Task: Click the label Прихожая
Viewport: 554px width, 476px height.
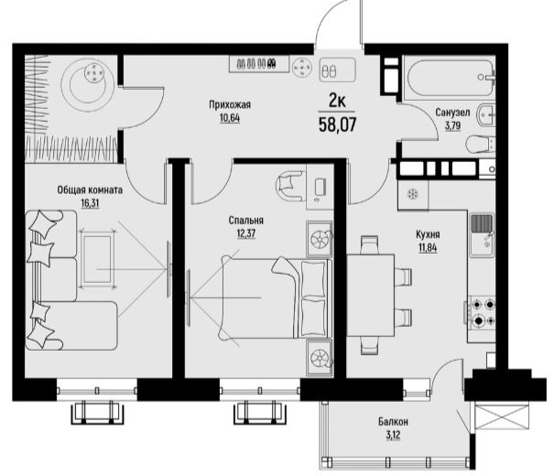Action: tap(230, 105)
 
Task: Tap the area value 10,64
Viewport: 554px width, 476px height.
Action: tap(230, 118)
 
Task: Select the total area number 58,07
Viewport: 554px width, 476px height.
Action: tap(337, 124)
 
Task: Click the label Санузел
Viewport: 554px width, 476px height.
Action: tap(452, 113)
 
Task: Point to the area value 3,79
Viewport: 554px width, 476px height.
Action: tap(452, 126)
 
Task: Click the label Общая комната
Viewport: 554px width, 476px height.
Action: tap(90, 190)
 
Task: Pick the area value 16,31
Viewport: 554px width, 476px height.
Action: tap(90, 203)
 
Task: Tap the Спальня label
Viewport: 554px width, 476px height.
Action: tap(246, 221)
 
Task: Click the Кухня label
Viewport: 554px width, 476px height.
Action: tap(428, 234)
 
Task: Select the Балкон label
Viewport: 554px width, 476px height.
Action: tap(393, 422)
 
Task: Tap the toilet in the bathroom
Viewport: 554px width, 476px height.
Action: tap(480, 144)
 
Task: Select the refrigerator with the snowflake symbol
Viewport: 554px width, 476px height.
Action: tap(413, 195)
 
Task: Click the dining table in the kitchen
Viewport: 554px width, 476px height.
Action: tap(370, 295)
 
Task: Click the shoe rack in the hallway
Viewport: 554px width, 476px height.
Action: tap(258, 64)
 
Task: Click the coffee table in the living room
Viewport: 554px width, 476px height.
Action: tap(97, 260)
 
